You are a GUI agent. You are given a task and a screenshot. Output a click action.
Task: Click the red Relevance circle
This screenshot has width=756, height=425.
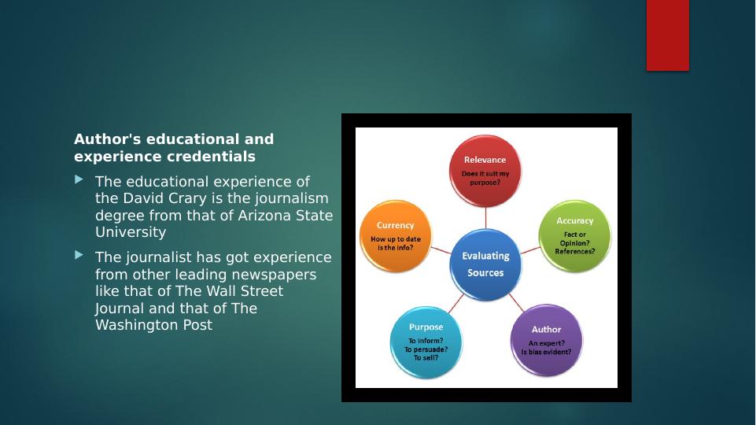485,171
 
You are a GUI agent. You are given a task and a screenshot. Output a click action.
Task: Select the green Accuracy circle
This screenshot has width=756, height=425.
574,236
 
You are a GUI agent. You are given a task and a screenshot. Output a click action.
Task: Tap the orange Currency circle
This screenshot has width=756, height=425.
396,236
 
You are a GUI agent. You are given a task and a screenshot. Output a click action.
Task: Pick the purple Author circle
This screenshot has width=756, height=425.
546,341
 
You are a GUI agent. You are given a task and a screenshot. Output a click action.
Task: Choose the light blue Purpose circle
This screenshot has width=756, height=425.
426,342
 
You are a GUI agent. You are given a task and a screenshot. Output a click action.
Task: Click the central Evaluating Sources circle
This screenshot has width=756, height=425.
485,264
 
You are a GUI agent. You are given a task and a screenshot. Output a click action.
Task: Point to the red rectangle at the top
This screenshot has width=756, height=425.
668,35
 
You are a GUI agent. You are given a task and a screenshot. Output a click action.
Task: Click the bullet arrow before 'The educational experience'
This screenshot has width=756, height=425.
79,179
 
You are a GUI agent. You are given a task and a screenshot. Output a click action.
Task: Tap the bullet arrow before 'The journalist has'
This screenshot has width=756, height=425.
79,255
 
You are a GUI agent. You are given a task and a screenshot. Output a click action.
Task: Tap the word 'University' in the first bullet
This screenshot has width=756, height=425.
131,232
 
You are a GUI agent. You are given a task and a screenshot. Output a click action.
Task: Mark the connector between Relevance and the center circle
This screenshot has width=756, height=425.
485,218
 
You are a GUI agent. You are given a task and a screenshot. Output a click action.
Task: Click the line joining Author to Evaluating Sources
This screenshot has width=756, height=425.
516,302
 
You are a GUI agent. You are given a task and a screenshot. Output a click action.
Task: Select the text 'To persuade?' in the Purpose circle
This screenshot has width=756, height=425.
426,349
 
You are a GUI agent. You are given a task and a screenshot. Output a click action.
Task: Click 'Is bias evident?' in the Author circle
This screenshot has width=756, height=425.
546,352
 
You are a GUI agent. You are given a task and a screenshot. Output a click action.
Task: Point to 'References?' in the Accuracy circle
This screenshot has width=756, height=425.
575,251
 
